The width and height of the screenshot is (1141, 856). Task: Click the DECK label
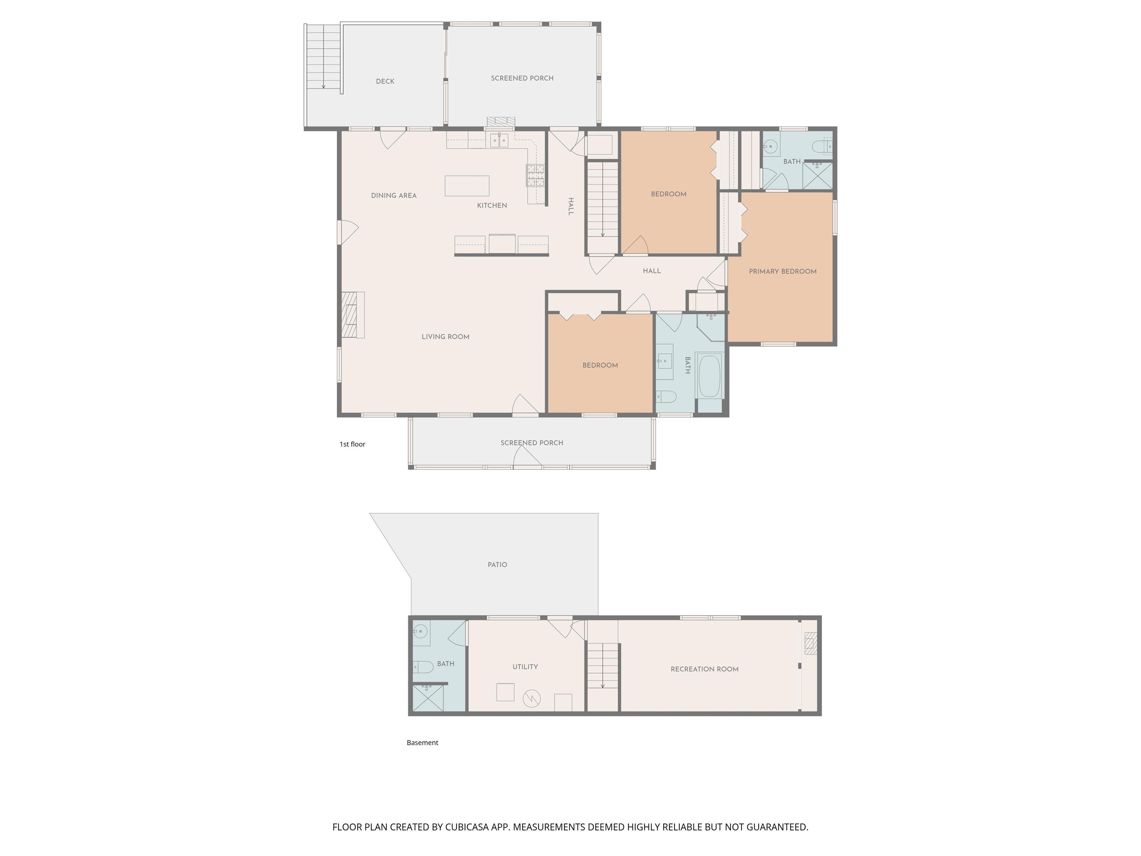click(x=385, y=81)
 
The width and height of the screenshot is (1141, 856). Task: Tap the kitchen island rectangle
click(x=467, y=186)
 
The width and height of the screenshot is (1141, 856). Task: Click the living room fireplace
click(x=353, y=315)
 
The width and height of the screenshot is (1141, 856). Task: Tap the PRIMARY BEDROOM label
click(x=783, y=272)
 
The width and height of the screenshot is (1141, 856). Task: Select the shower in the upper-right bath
click(x=817, y=175)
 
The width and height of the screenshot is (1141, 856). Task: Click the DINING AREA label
click(x=394, y=195)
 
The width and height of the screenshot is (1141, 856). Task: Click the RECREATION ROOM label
click(x=705, y=669)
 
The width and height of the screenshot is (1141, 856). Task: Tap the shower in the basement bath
click(x=428, y=698)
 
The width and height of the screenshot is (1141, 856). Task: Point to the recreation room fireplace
click(x=811, y=643)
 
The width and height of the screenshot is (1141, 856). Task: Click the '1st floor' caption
click(x=352, y=444)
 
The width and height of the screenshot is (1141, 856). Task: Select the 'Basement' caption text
click(x=422, y=743)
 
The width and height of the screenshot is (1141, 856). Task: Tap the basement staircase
click(x=602, y=666)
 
